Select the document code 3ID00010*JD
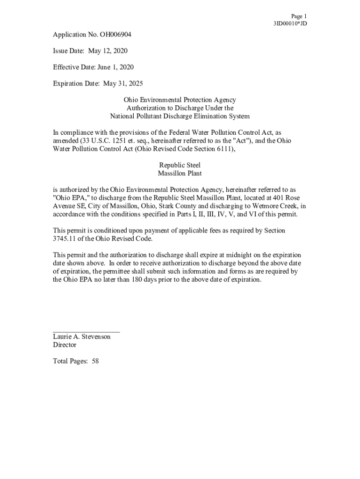(290, 23)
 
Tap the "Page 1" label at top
(299, 16)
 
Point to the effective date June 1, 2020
(115, 67)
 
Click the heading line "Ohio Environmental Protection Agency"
(180, 100)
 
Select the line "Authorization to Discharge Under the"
(180, 108)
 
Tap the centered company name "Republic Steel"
(180, 165)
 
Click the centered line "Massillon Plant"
(180, 174)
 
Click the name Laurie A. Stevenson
(82, 337)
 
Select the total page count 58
(95, 361)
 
